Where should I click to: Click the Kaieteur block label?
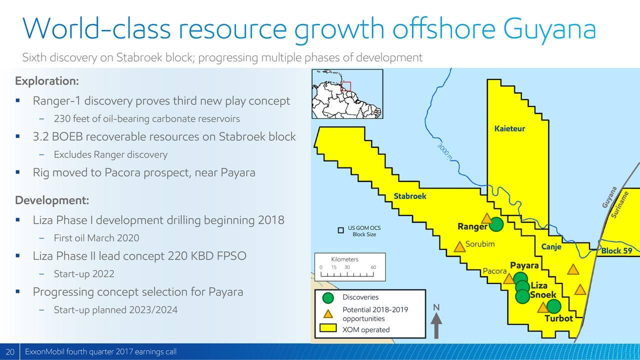tap(509, 128)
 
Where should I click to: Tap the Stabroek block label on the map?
tap(409, 196)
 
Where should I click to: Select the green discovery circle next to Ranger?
tap(496, 224)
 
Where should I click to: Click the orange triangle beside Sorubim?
tap(459, 247)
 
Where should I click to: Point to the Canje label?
tap(551, 246)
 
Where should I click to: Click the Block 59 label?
tap(616, 251)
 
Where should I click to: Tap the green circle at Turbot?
tap(553, 306)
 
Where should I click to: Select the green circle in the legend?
tap(328, 298)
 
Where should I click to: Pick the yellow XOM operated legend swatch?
tap(328, 328)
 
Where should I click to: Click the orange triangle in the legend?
tap(328, 314)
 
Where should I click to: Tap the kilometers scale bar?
tap(347, 274)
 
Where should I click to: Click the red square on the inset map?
tap(345, 86)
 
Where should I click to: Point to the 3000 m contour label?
tap(444, 152)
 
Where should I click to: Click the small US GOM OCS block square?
tap(340, 230)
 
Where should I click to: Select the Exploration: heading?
tap(47, 81)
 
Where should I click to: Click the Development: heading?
tap(52, 200)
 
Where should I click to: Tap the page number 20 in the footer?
tap(10, 351)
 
